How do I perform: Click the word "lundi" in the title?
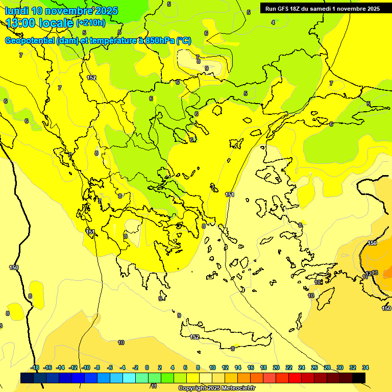pos(16,11)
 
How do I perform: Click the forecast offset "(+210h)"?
pos(90,23)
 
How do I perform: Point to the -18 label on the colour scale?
pos(35,367)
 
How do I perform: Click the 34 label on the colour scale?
pos(365,367)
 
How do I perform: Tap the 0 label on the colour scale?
pos(147,367)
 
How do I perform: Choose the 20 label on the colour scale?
pos(276,367)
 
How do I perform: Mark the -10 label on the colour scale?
pos(86,367)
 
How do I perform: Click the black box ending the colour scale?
pos(359,378)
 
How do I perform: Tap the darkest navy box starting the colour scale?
pos(27,378)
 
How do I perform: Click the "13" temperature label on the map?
pos(375,273)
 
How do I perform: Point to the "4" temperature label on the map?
pos(273,22)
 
